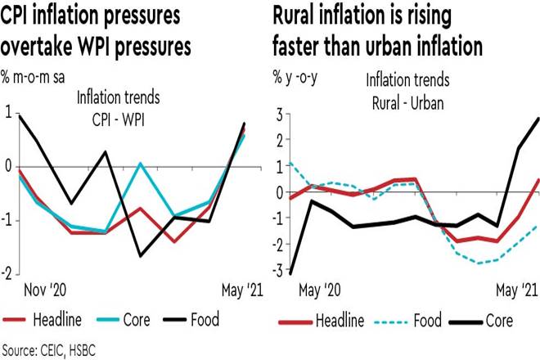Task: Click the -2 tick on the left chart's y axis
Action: point(8,272)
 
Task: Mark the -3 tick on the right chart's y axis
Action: point(276,271)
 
